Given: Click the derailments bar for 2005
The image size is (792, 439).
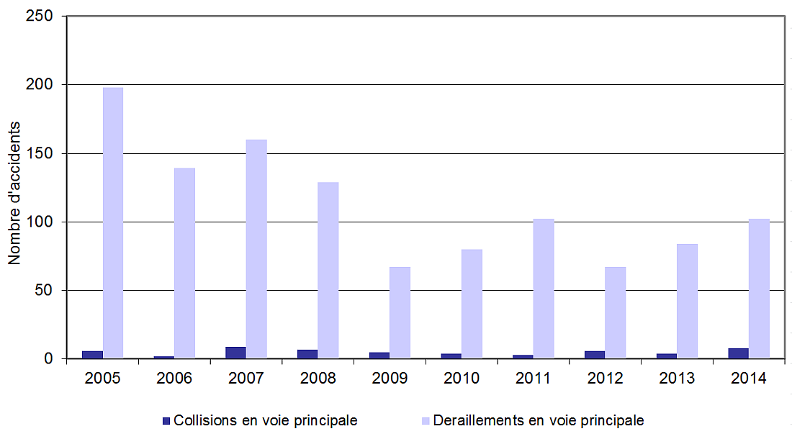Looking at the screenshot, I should [x=113, y=223].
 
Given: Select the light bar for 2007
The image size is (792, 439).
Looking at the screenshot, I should [x=256, y=249].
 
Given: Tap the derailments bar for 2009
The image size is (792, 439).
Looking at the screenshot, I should [x=400, y=312].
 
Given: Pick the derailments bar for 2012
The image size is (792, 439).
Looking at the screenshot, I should [x=616, y=312].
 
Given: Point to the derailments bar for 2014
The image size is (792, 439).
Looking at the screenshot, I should [x=759, y=289].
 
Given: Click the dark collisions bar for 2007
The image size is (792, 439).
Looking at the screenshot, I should [x=235, y=353].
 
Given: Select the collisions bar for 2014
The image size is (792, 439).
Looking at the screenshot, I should [x=738, y=353].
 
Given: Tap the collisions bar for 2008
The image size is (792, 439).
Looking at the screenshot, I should [x=307, y=354].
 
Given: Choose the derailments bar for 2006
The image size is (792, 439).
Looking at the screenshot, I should [x=184, y=263].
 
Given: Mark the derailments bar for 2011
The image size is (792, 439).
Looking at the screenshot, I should [x=544, y=289].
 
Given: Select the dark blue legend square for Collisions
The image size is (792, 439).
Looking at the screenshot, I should [x=166, y=420].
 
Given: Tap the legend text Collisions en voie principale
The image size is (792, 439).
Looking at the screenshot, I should [x=266, y=420].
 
